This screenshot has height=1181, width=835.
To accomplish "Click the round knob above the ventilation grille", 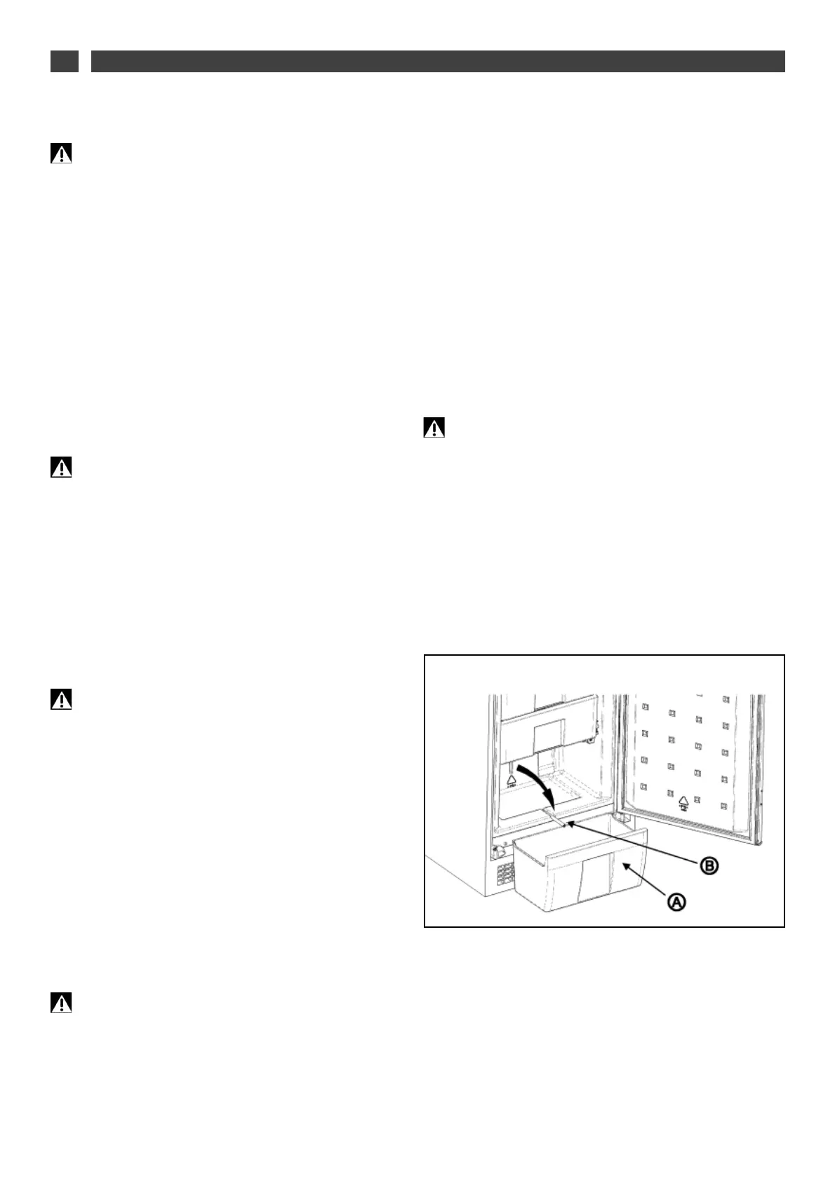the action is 500,851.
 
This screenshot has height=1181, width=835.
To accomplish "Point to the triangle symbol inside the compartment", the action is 512,779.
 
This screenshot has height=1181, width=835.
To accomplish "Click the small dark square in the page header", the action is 64,61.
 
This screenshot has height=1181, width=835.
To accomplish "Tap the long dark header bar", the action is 438,61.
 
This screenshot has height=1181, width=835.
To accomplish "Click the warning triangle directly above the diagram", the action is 434,428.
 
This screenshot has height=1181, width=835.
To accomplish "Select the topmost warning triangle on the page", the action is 61,154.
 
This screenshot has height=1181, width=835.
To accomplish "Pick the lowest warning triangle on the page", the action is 61,1003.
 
